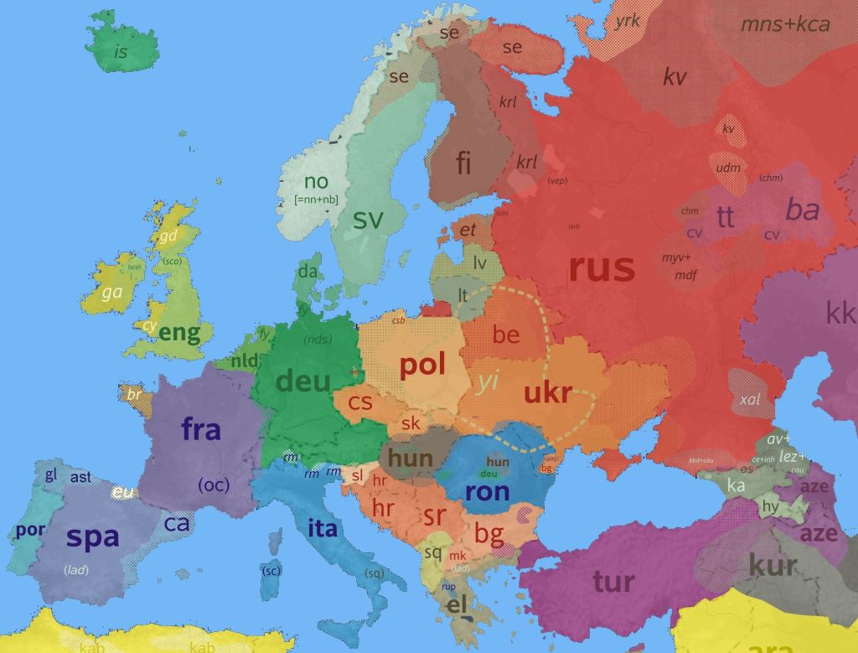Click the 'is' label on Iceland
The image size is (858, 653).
click(x=121, y=53)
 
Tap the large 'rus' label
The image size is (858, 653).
click(x=601, y=268)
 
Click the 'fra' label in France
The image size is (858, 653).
click(x=201, y=430)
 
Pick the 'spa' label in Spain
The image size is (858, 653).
click(x=92, y=536)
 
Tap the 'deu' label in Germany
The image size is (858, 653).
click(x=303, y=381)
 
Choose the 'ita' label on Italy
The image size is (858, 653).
click(x=323, y=528)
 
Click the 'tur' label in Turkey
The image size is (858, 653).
click(x=613, y=581)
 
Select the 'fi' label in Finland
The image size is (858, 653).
click(x=463, y=163)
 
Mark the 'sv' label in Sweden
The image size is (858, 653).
click(x=368, y=220)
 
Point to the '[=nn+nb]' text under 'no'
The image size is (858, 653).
click(x=316, y=200)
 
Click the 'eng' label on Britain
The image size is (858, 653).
click(x=179, y=334)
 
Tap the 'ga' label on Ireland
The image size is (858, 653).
click(x=111, y=293)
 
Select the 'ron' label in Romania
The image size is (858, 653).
click(x=486, y=491)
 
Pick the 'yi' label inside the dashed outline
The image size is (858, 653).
click(x=488, y=383)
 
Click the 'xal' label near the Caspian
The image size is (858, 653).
click(x=750, y=400)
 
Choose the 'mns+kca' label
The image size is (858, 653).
click(x=785, y=24)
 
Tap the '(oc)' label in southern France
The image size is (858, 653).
click(x=213, y=485)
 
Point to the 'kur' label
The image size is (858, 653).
click(x=773, y=565)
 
